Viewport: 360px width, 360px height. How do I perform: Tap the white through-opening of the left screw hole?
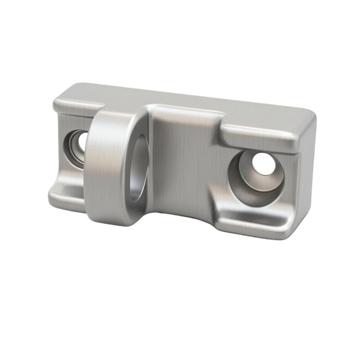[x=82, y=141]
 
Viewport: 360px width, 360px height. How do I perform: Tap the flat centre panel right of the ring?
[x=180, y=158]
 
